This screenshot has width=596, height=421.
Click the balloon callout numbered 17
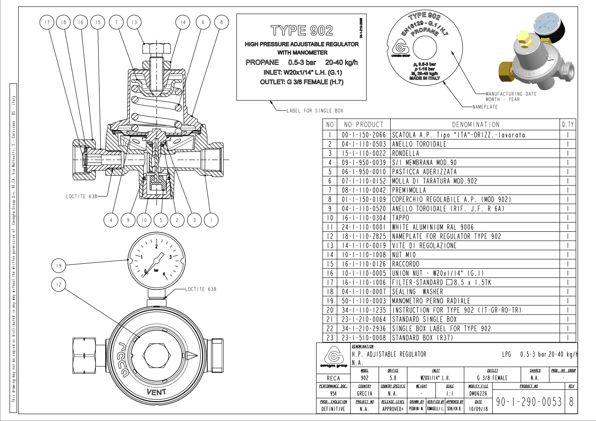tap(47, 22)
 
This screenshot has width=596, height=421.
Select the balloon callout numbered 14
tap(183, 22)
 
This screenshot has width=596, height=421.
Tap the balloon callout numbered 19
tap(59, 265)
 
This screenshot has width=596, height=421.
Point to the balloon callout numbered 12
tap(59, 285)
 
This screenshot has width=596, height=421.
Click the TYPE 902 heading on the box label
tap(302, 30)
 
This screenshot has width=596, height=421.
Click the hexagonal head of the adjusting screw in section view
tap(157, 48)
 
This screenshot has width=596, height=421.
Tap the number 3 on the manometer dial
tap(171, 257)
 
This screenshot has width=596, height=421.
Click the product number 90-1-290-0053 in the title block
tap(528, 402)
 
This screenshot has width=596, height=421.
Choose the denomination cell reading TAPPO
tap(401, 218)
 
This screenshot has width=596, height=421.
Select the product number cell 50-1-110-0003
tap(364, 301)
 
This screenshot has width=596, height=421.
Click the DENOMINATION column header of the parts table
tap(476, 124)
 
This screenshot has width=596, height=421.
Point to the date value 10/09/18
tap(478, 409)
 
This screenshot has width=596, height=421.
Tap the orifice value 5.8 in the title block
tap(393, 378)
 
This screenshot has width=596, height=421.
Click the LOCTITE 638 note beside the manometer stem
tap(200, 289)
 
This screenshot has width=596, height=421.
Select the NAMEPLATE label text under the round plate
tap(485, 107)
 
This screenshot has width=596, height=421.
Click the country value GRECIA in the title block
tap(365, 394)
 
